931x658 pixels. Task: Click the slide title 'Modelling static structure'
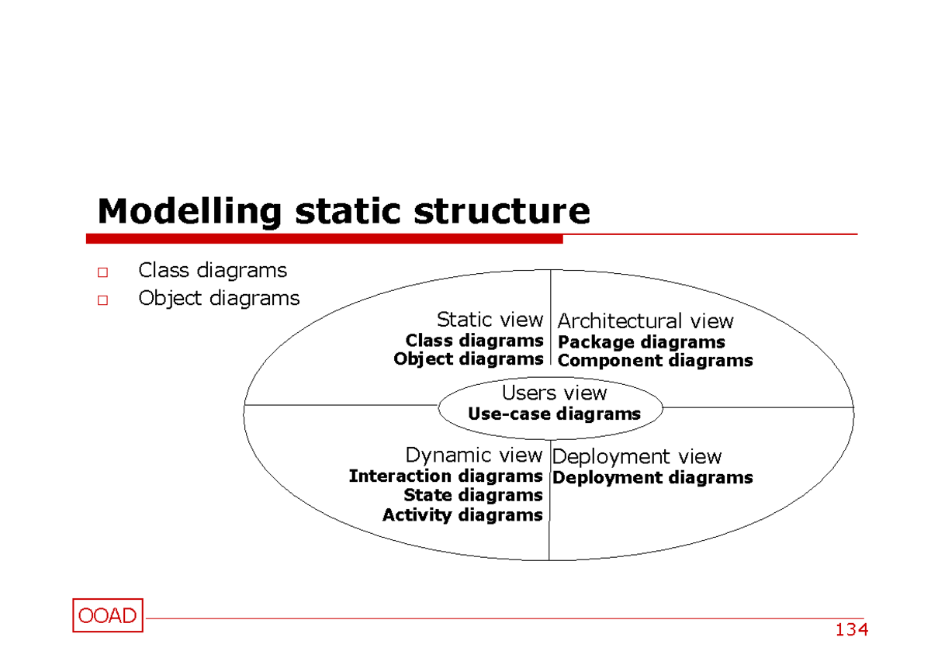point(343,211)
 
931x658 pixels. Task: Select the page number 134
point(851,629)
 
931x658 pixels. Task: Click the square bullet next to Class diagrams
point(102,272)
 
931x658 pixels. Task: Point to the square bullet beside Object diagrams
point(102,300)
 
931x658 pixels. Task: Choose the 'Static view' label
point(490,320)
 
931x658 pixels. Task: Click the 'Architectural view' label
point(645,321)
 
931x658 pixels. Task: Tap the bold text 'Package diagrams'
point(641,342)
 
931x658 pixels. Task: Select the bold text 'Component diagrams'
point(655,361)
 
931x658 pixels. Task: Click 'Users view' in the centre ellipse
point(554,393)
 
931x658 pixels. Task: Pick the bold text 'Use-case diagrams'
point(554,414)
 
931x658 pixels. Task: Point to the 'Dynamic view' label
point(473,455)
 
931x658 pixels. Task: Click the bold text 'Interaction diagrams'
point(445,476)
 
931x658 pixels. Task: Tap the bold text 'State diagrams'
point(472,495)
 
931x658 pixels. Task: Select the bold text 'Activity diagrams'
point(462,515)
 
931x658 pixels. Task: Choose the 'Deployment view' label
point(636,457)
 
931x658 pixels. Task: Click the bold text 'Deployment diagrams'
point(652,478)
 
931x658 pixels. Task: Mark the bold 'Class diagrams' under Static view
point(474,341)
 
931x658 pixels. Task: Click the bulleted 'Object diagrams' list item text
point(218,299)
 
